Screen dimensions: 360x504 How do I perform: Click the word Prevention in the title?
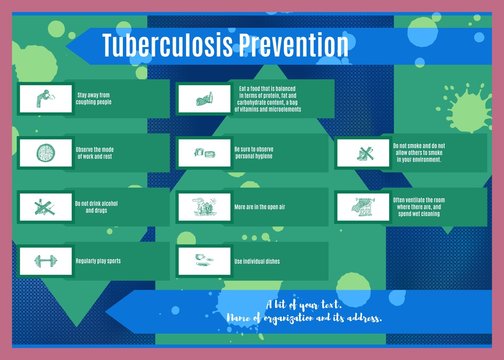coord(289,46)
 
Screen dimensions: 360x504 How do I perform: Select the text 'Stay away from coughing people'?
coord(94,99)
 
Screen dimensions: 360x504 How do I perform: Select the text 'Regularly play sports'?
coord(98,261)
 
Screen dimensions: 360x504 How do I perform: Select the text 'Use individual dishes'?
coord(257,261)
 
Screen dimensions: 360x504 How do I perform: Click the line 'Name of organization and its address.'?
coord(305,318)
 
